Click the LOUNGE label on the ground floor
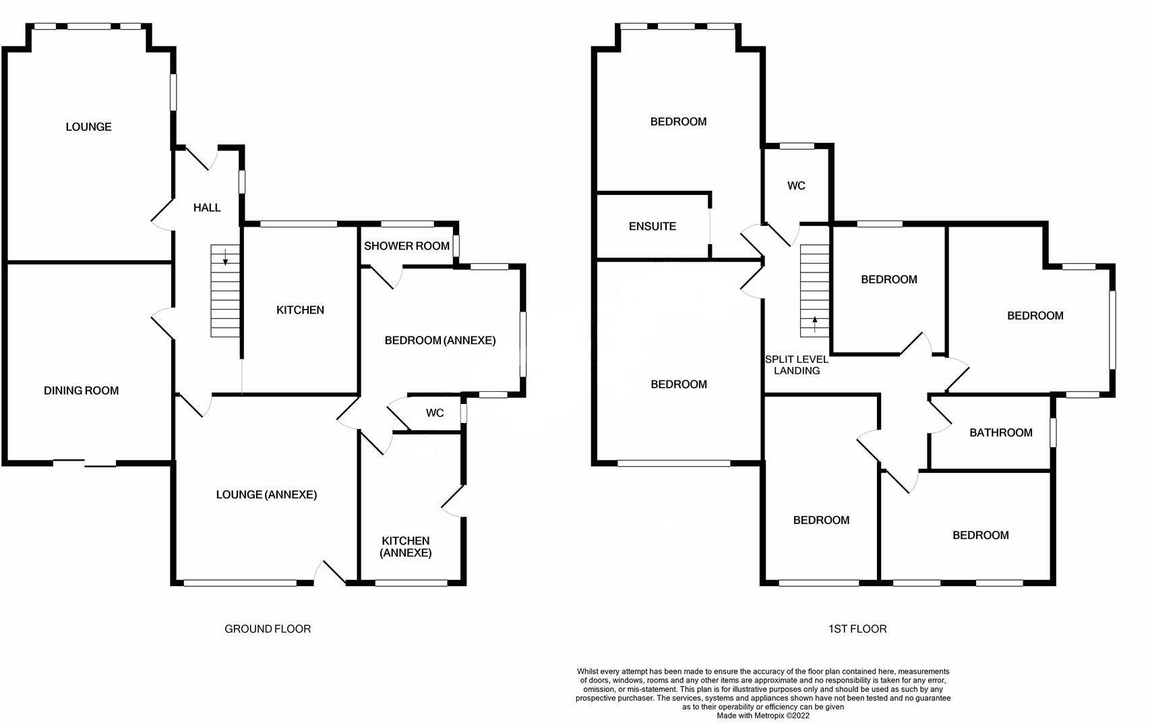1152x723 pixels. click(88, 127)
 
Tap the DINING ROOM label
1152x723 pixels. click(82, 391)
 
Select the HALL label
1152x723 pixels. click(207, 207)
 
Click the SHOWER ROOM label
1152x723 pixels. click(406, 246)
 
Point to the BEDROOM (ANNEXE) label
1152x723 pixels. click(440, 340)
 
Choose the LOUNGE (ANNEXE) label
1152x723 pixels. click(266, 494)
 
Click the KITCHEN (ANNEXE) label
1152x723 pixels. click(406, 546)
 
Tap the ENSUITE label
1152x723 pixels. click(652, 227)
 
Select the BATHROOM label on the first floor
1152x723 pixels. click(1001, 433)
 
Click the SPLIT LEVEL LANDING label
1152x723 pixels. click(797, 365)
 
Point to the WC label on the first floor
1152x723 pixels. click(796, 185)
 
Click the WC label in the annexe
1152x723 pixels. click(435, 413)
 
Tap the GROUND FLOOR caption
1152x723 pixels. click(268, 629)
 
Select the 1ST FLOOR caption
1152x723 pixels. click(857, 629)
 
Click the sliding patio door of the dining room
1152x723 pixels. click(85, 463)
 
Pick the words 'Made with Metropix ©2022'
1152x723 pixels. click(763, 716)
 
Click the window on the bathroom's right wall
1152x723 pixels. click(1054, 432)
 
